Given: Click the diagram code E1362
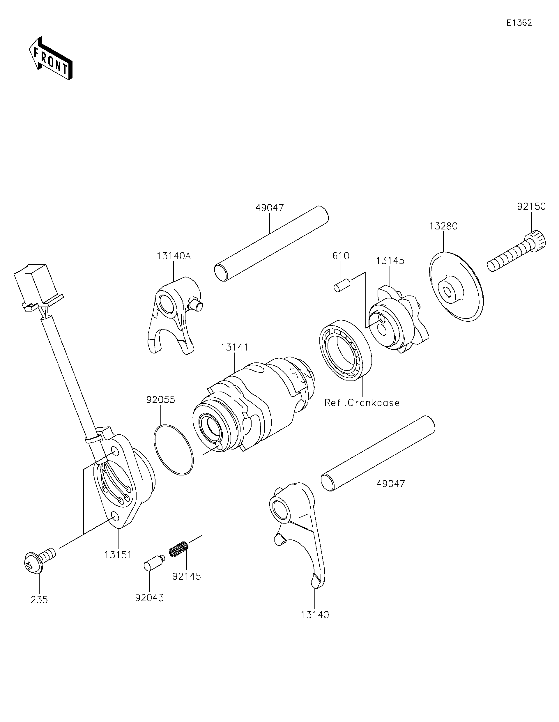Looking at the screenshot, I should (x=519, y=23).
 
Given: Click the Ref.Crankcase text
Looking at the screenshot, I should (x=362, y=403).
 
